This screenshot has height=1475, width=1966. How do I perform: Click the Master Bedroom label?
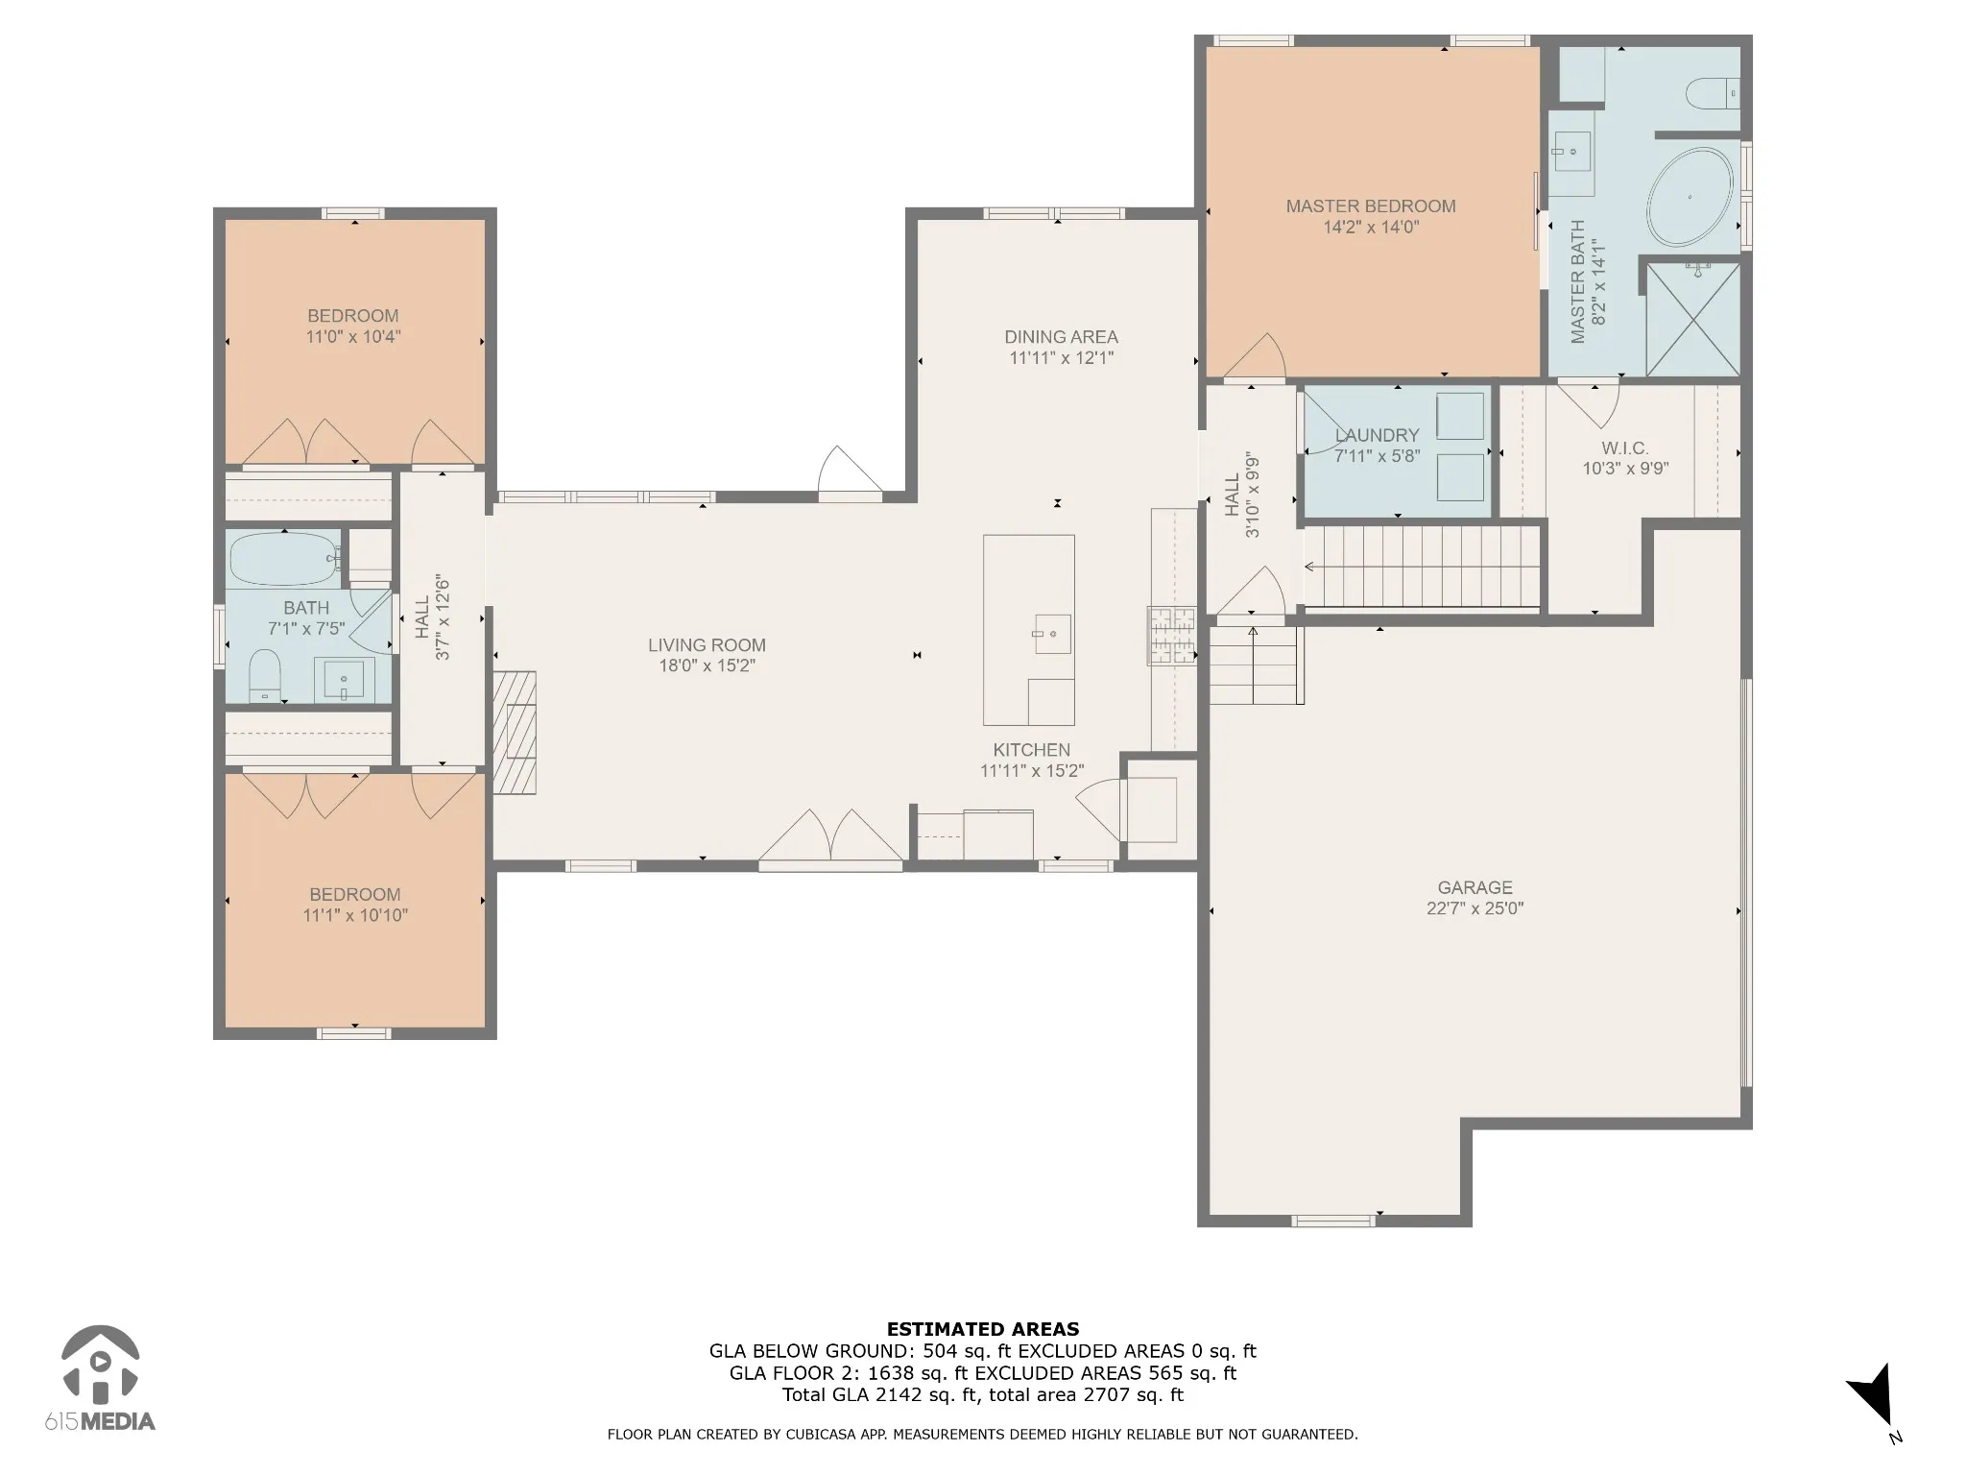click(x=1371, y=206)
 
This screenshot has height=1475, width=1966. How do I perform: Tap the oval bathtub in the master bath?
click(x=1690, y=197)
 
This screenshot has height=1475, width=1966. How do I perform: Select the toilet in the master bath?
click(x=1713, y=93)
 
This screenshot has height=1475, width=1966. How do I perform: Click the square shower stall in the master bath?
click(x=1693, y=319)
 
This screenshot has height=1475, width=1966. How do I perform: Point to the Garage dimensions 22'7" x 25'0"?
click(x=1475, y=908)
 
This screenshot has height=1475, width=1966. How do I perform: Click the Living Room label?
click(x=707, y=645)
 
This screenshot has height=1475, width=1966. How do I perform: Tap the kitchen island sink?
click(x=1052, y=635)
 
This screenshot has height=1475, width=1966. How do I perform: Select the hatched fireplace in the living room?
click(x=515, y=733)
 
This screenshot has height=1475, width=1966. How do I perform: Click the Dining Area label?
click(x=1061, y=337)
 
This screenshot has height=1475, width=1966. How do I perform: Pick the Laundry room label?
click(x=1377, y=435)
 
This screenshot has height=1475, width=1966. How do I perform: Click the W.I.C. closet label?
click(x=1625, y=448)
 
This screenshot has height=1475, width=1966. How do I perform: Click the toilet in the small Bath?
click(x=264, y=675)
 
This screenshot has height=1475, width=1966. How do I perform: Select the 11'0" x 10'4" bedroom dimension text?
click(x=353, y=337)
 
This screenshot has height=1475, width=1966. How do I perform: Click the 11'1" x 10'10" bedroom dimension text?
click(x=355, y=915)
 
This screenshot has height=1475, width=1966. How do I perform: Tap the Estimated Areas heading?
click(x=983, y=1330)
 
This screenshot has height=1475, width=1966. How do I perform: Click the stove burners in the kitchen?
click(x=1172, y=636)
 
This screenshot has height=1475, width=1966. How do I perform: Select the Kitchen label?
click(x=1032, y=750)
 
